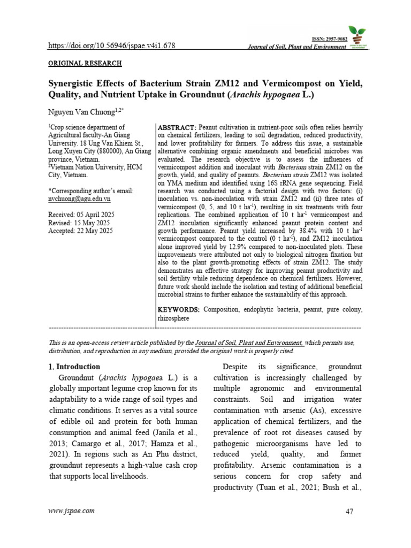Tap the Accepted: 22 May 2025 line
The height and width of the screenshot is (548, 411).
click(x=80, y=231)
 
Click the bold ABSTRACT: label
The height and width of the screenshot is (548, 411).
click(x=176, y=127)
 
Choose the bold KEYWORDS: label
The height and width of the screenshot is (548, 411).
click(x=179, y=310)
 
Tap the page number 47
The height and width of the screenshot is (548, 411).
click(x=350, y=512)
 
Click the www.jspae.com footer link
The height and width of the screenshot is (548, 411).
click(x=72, y=511)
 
